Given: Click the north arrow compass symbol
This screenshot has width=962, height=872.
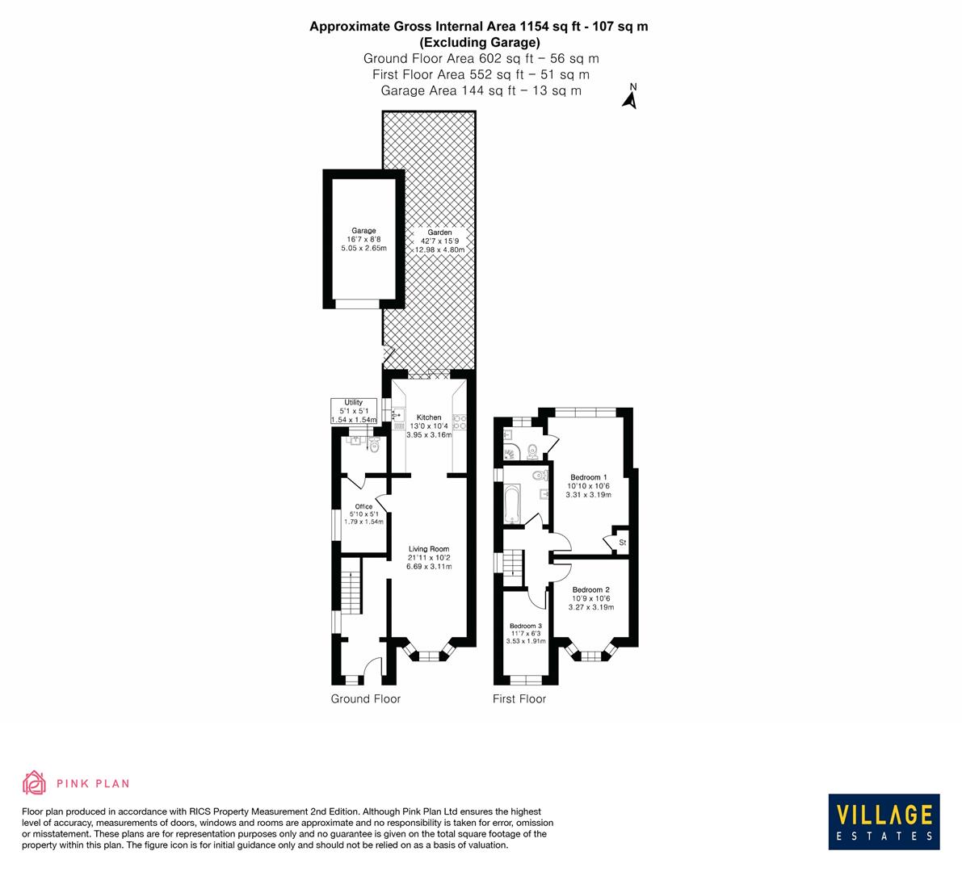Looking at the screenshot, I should tap(631, 96).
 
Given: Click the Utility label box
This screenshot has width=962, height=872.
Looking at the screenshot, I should tap(354, 411).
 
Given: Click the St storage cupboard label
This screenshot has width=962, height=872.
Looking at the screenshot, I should tap(623, 543).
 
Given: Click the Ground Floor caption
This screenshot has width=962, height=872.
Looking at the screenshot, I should tap(366, 699).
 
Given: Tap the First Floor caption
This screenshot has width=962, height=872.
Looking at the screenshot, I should tap(519, 699).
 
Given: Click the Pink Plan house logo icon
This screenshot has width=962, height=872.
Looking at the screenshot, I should tap(34, 782).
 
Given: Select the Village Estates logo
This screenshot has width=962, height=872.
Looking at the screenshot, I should tap(884, 820).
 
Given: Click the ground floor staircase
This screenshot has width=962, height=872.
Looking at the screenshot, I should tap(351, 593).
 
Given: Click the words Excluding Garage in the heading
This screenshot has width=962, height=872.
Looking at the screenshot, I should tap(479, 42).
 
